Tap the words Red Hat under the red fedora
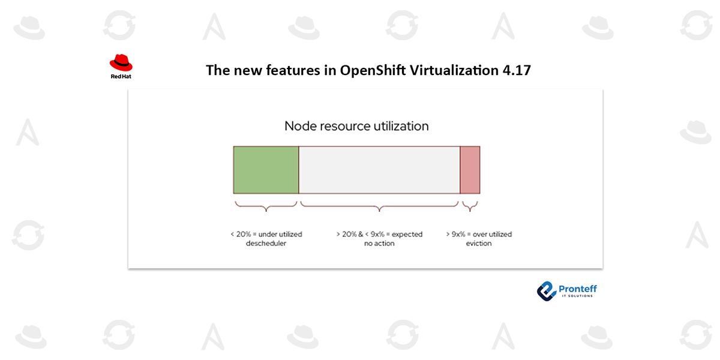click(121, 77)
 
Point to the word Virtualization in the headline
click(454, 70)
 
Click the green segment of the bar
click(266, 170)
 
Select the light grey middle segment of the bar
click(379, 170)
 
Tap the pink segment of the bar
click(470, 170)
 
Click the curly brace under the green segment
click(266, 206)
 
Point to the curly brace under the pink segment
click(470, 206)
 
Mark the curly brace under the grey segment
click(379, 206)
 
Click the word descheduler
click(266, 244)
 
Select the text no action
click(379, 244)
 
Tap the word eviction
click(479, 244)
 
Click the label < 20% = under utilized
click(266, 234)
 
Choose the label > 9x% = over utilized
click(479, 234)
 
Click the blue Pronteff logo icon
click(547, 291)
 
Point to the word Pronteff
click(578, 289)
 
